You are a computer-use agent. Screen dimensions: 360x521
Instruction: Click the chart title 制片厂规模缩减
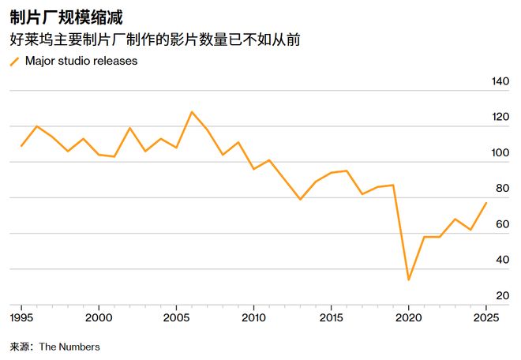pyautogui.click(x=66, y=17)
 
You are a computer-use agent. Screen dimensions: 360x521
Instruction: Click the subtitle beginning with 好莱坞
pyautogui.click(x=154, y=39)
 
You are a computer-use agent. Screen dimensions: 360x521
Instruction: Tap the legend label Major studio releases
pyautogui.click(x=81, y=61)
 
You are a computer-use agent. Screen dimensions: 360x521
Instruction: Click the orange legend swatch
pyautogui.click(x=14, y=62)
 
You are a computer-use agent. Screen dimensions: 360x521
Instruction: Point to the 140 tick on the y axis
pyautogui.click(x=500, y=81)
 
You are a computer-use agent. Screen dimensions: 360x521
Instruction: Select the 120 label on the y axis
pyautogui.click(x=500, y=117)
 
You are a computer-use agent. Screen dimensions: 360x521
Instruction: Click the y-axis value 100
pyautogui.click(x=500, y=153)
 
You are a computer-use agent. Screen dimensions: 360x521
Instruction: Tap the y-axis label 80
pyautogui.click(x=503, y=189)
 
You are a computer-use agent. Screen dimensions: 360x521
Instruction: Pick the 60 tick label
pyautogui.click(x=503, y=224)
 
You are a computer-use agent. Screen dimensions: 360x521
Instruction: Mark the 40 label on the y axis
pyautogui.click(x=503, y=261)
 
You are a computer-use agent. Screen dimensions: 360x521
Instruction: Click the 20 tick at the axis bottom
pyautogui.click(x=503, y=296)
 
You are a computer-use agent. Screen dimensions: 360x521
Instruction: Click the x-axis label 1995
pyautogui.click(x=21, y=317)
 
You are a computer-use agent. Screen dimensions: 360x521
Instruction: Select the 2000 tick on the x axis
pyautogui.click(x=99, y=317)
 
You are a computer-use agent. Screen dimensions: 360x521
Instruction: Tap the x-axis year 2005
pyautogui.click(x=176, y=317)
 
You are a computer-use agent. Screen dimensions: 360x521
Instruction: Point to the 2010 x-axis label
pyautogui.click(x=253, y=317)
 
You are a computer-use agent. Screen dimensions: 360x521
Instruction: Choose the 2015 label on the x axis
pyautogui.click(x=331, y=317)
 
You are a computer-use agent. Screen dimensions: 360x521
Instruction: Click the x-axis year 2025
pyautogui.click(x=485, y=317)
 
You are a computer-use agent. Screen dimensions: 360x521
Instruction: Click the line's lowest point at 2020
pyautogui.click(x=409, y=279)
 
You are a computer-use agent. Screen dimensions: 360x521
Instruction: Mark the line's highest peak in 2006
pyautogui.click(x=192, y=112)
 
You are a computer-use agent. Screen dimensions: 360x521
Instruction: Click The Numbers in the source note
pyautogui.click(x=69, y=347)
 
